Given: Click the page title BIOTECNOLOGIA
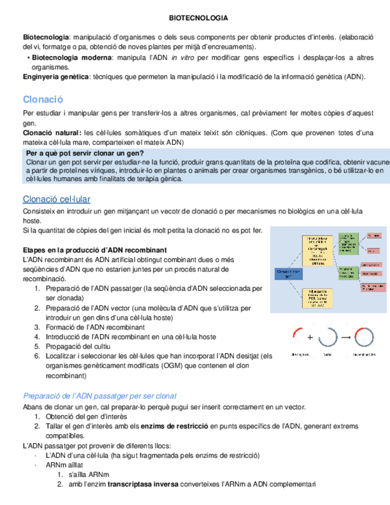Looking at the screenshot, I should pyautogui.click(x=194, y=19).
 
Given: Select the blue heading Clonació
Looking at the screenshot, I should pyautogui.click(x=42, y=99).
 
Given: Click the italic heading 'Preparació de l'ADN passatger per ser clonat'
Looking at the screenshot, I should pyautogui.click(x=100, y=396).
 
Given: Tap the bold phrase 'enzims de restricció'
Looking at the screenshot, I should pyautogui.click(x=173, y=426).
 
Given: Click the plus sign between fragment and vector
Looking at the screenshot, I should pyautogui.click(x=310, y=337).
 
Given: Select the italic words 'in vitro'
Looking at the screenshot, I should pyautogui.click(x=182, y=58).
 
